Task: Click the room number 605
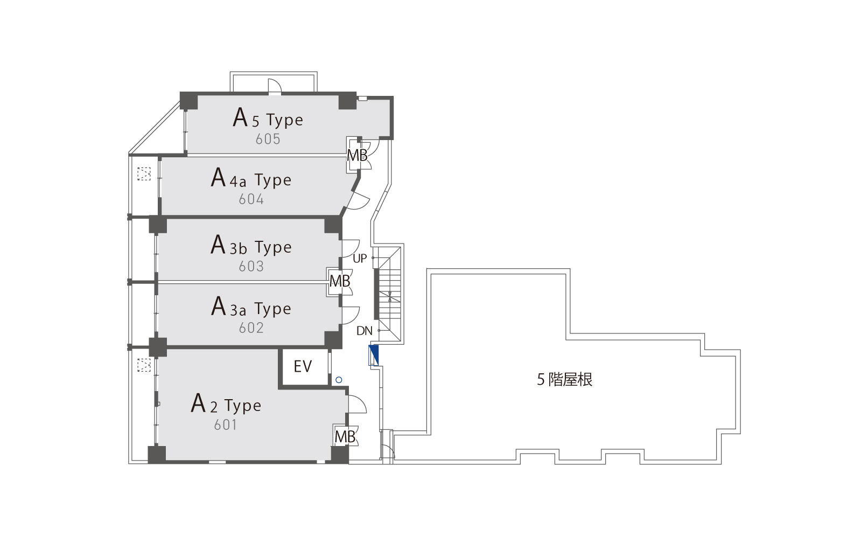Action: pyautogui.click(x=268, y=139)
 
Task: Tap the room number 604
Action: pyautogui.click(x=251, y=199)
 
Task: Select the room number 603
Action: pyautogui.click(x=251, y=266)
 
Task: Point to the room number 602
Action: pyautogui.click(x=251, y=328)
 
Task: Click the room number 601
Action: pyautogui.click(x=226, y=425)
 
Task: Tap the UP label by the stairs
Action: pyautogui.click(x=360, y=259)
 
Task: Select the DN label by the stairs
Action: pyautogui.click(x=364, y=331)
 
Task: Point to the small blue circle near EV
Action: pyautogui.click(x=339, y=380)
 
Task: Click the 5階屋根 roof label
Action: pyautogui.click(x=565, y=380)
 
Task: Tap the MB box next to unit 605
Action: pyautogui.click(x=357, y=155)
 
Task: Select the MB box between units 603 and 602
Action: pyautogui.click(x=340, y=281)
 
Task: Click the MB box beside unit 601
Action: pyautogui.click(x=345, y=437)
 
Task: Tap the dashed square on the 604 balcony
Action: pyautogui.click(x=144, y=173)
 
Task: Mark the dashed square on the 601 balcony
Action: pyautogui.click(x=144, y=365)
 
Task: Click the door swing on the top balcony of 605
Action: pyautogui.click(x=275, y=86)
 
